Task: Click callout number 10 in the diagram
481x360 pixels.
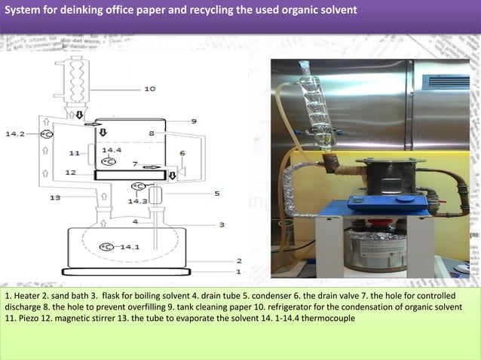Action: point(149,89)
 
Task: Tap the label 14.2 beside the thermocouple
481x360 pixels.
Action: point(16,134)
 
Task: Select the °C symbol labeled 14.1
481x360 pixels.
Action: point(107,246)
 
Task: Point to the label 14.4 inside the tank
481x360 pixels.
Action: point(111,150)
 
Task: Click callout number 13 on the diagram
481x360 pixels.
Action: point(55,198)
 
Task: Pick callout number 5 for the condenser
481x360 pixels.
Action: point(217,194)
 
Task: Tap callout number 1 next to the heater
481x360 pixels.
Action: point(239,271)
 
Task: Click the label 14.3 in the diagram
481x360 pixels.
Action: point(137,201)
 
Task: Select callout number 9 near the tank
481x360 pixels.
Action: point(194,121)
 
